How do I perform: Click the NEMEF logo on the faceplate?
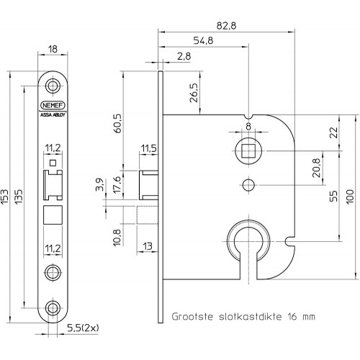click(x=53, y=105)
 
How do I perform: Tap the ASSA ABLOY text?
click(x=53, y=114)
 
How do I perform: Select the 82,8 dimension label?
click(x=226, y=26)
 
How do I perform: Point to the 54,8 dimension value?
click(x=203, y=40)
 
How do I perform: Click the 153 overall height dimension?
click(x=4, y=197)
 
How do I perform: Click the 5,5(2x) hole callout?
click(x=83, y=328)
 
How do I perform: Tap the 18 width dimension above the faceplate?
click(x=53, y=49)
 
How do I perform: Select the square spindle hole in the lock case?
click(x=248, y=151)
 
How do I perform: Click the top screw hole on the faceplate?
click(x=53, y=86)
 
